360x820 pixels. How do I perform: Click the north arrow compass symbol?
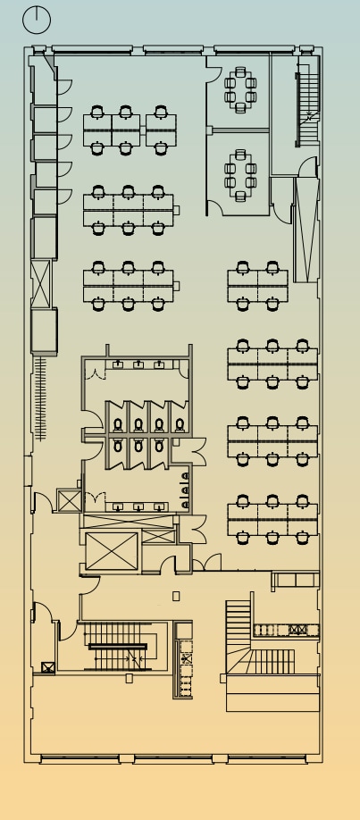tap(37, 18)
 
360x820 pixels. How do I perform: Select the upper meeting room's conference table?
tap(240, 89)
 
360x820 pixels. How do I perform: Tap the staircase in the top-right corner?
tap(307, 108)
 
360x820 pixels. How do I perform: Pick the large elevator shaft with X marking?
tap(112, 552)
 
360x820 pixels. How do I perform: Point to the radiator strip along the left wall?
tap(40, 397)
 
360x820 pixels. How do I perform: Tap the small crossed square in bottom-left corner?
tap(47, 666)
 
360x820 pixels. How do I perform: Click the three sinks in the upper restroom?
tap(138, 364)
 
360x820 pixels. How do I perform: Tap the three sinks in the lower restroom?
tap(138, 507)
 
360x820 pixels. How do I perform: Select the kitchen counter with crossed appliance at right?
tap(285, 630)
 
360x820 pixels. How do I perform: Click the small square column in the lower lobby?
tap(176, 596)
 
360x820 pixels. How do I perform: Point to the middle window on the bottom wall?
tap(173, 759)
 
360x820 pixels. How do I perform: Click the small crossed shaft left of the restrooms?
tap(69, 500)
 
